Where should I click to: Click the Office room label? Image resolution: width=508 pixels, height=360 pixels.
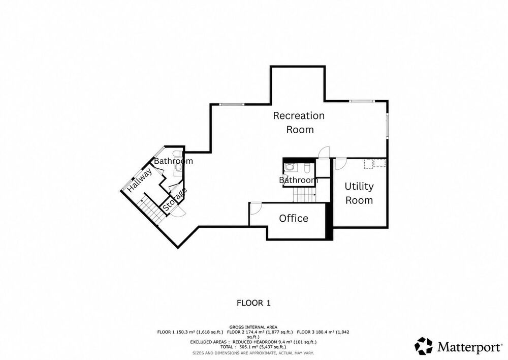click(294, 218)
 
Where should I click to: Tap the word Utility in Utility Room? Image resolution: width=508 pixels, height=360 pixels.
click(359, 187)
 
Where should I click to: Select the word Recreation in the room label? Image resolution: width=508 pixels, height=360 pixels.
click(299, 115)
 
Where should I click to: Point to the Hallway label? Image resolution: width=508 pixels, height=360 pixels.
click(140, 180)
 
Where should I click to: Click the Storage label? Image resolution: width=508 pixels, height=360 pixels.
click(175, 200)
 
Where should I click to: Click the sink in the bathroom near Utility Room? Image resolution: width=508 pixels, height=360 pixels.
click(290, 167)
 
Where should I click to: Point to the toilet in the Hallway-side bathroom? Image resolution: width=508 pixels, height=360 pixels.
click(177, 154)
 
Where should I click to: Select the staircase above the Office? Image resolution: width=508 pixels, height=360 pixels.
click(304, 195)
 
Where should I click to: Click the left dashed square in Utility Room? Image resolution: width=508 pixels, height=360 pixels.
click(368, 164)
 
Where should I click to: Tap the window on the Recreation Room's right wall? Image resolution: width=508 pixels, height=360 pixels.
click(387, 126)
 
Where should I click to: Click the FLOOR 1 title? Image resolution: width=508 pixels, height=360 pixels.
click(253, 303)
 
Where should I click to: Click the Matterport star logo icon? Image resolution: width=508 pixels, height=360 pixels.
click(424, 346)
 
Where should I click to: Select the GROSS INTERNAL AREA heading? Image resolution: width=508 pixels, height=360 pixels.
click(253, 327)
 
